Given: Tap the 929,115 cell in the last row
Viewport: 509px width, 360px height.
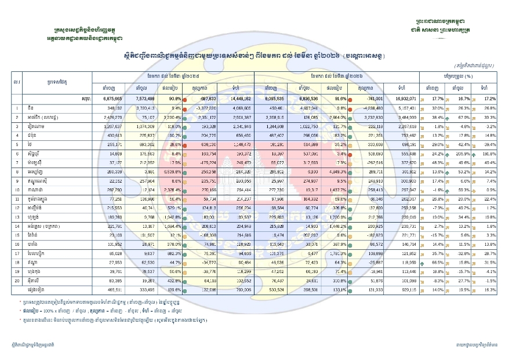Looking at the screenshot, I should [402, 289].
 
